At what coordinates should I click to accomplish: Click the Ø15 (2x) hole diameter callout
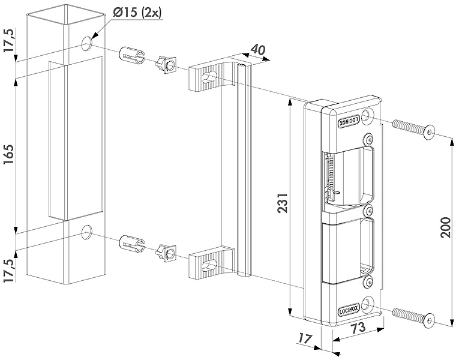click(137, 13)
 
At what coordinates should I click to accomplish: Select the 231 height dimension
click(283, 203)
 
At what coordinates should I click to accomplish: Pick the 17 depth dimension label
click(305, 338)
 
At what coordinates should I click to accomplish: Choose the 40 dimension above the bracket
click(257, 49)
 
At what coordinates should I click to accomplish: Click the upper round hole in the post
click(86, 44)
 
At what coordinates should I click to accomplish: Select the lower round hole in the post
click(86, 232)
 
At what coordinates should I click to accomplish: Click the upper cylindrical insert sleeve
click(133, 56)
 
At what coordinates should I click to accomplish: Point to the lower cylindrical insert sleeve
click(132, 244)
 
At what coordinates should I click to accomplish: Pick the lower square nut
click(166, 253)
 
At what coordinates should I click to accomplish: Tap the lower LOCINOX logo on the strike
click(349, 310)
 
